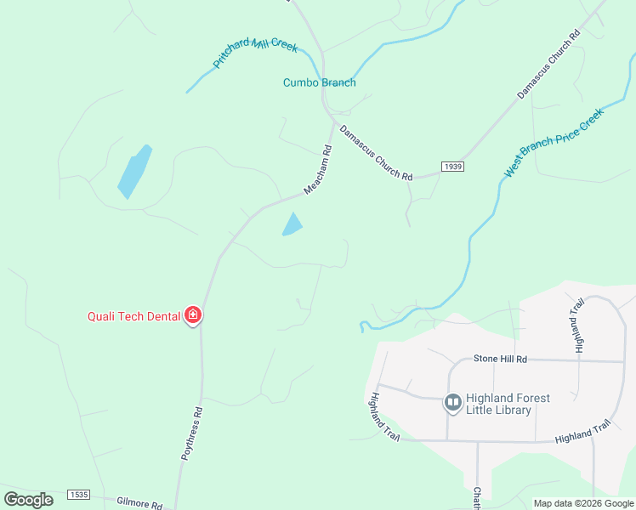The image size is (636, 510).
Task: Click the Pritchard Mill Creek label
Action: pos(254,53)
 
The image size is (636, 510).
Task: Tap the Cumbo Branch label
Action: pos(319,82)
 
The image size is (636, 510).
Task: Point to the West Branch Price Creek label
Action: pos(553,142)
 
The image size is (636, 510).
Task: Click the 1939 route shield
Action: pos(452,167)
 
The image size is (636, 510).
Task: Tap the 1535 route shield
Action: pos(79,494)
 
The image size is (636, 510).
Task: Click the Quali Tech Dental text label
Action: pos(134,316)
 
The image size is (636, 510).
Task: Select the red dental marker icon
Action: pos(193,316)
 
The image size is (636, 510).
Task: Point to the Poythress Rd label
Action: pos(192,433)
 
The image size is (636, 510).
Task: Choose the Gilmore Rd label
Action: pos(139,504)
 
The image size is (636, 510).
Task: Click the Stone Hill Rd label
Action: pos(500,360)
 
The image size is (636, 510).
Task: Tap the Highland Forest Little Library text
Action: pos(508,404)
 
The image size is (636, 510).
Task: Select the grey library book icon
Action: pos(452,401)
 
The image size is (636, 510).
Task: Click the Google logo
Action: pos(28,500)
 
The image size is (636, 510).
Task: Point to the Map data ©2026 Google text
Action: pos(582,503)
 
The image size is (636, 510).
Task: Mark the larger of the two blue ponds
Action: pos(134,172)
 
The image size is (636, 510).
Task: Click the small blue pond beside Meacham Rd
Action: pos(292,224)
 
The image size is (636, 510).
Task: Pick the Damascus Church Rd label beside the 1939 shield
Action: pos(375,153)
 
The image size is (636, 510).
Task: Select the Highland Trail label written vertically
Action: pos(579,326)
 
